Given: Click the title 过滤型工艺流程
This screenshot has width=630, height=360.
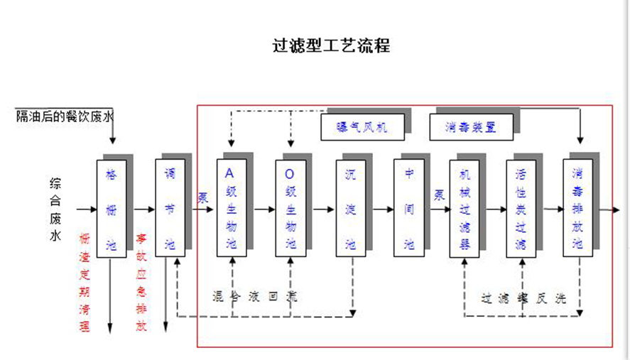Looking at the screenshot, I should (x=331, y=46).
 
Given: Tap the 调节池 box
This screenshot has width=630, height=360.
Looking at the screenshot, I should (x=169, y=208).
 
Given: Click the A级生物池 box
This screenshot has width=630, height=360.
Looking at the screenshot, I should (x=230, y=208).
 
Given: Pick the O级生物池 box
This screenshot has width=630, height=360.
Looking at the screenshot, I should (x=290, y=208).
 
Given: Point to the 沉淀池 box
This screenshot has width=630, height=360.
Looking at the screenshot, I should (x=349, y=208).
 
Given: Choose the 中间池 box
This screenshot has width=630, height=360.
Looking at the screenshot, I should (x=408, y=208).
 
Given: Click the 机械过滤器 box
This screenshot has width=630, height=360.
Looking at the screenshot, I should (x=465, y=208).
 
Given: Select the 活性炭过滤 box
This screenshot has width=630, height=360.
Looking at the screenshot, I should (x=521, y=208).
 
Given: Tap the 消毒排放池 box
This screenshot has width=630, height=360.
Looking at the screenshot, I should (x=577, y=208).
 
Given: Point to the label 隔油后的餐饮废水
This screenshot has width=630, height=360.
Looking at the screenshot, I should (x=65, y=116).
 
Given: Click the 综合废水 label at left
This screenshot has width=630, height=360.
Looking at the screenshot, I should (x=55, y=209).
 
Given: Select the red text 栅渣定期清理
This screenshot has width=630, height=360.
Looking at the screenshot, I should (x=85, y=282).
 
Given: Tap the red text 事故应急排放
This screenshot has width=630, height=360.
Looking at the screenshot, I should (x=141, y=282).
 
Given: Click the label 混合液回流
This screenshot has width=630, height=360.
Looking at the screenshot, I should (x=254, y=296).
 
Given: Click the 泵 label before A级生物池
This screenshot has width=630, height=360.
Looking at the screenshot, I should (x=203, y=197).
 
